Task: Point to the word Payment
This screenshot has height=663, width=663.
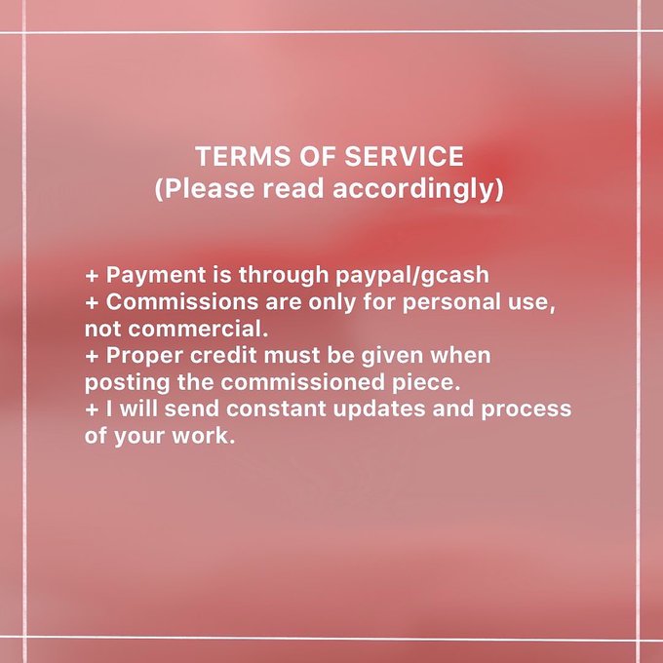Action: [x=155, y=275]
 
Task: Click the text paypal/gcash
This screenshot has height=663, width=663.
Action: [x=412, y=275]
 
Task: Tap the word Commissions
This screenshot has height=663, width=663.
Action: [x=181, y=302]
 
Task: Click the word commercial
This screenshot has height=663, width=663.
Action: [x=198, y=329]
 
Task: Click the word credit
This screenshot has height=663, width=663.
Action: [x=223, y=355]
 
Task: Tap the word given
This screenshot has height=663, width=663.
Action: [x=392, y=356]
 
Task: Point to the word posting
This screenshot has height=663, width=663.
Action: [x=128, y=382]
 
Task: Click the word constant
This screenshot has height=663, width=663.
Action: [x=276, y=409]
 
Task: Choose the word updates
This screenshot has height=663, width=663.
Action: [x=379, y=409]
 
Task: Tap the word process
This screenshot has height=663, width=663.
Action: [x=526, y=409]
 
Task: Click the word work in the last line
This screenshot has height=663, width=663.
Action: [x=204, y=436]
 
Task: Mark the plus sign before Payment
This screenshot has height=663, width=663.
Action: [x=92, y=276]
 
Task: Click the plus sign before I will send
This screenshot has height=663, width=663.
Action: [x=92, y=409]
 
